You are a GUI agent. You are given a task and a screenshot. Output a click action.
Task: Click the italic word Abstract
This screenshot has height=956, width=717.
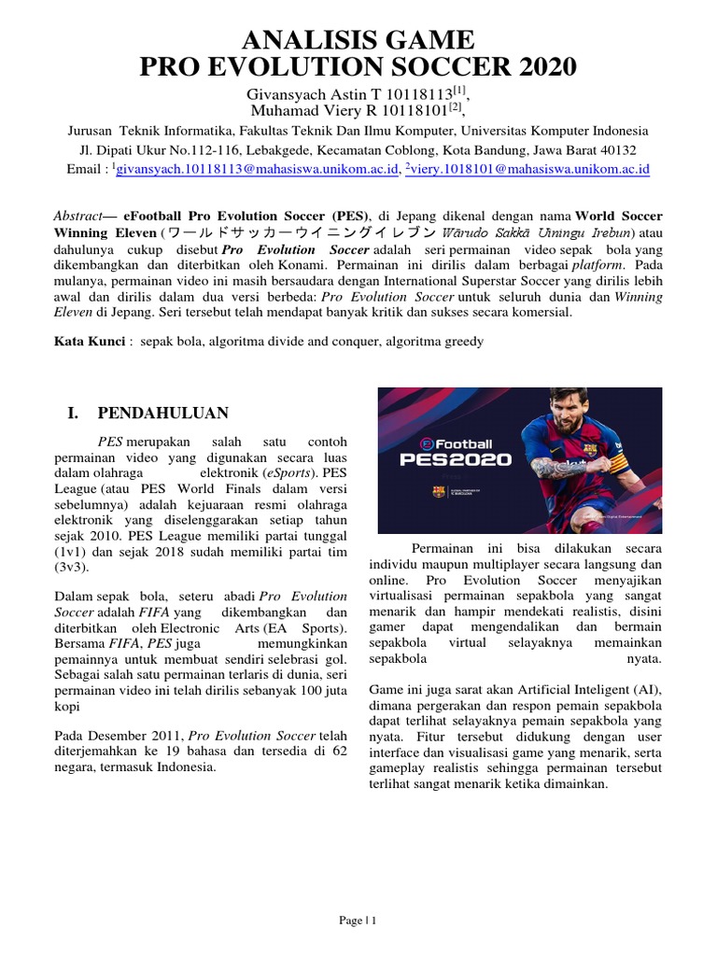[77, 216]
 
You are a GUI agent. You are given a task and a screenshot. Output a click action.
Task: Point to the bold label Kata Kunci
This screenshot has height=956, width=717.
[90, 342]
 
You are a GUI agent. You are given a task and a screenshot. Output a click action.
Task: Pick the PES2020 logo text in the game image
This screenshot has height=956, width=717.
[455, 458]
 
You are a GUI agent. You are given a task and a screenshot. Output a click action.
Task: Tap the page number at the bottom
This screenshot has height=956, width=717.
[358, 921]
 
